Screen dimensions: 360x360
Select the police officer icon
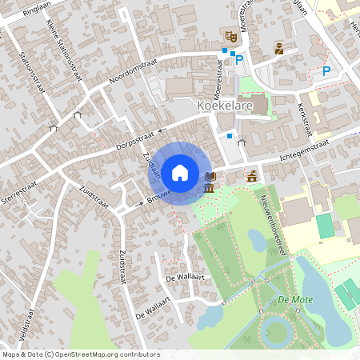(x=278, y=49)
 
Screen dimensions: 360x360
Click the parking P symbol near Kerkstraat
(x=326, y=71)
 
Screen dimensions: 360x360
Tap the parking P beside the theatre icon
(x=238, y=58)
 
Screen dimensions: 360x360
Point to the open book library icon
(x=210, y=176)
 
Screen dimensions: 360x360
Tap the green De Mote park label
(x=294, y=300)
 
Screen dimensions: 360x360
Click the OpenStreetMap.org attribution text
(x=116, y=354)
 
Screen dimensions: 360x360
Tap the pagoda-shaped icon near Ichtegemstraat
(x=252, y=176)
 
